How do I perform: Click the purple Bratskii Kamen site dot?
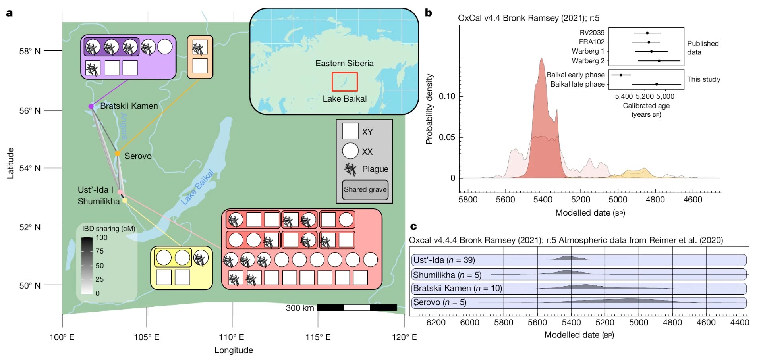[91, 106]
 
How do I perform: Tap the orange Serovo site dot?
[118, 154]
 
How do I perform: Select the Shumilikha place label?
[98, 201]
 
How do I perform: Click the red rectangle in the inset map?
[345, 82]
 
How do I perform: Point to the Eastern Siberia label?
[344, 64]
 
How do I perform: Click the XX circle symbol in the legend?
[350, 151]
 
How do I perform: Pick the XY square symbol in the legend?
[350, 131]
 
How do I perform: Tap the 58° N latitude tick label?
[30, 51]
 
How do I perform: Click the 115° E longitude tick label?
[318, 337]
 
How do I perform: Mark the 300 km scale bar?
[357, 308]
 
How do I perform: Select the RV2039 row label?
[592, 33]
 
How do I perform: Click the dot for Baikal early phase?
[621, 75]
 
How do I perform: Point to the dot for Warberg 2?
[659, 61]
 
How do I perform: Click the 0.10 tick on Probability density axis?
[447, 96]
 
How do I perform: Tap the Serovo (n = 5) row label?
[440, 302]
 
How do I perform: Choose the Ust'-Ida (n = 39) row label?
[444, 260]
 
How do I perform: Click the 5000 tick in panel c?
[639, 323]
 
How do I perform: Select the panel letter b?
[429, 13]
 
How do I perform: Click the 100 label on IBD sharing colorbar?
[102, 237]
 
